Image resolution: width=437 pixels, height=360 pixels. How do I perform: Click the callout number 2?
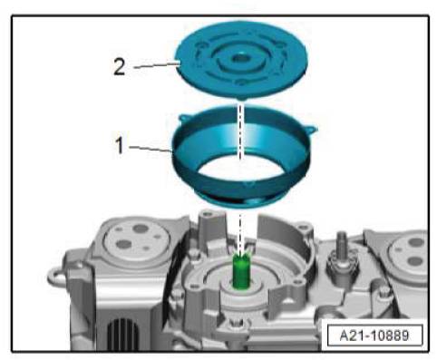pos(119,67)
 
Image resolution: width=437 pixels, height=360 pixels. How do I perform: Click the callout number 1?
pos(120,145)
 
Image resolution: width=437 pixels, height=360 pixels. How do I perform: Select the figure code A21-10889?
pos(374,336)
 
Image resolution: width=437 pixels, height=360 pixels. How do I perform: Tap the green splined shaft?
pos(241,272)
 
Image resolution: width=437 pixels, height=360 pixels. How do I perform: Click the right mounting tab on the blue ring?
pos(311,129)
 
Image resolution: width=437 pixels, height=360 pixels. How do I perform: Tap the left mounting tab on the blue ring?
pos(184,118)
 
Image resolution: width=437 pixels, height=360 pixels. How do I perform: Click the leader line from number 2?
pos(155,65)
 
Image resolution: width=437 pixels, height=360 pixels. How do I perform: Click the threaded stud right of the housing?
pos(342,243)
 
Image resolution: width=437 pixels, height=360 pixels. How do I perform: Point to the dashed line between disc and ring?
pos(240,131)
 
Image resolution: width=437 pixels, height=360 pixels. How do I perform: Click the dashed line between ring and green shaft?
pos(240,233)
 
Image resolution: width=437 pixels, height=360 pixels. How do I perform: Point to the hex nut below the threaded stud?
pos(341,262)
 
